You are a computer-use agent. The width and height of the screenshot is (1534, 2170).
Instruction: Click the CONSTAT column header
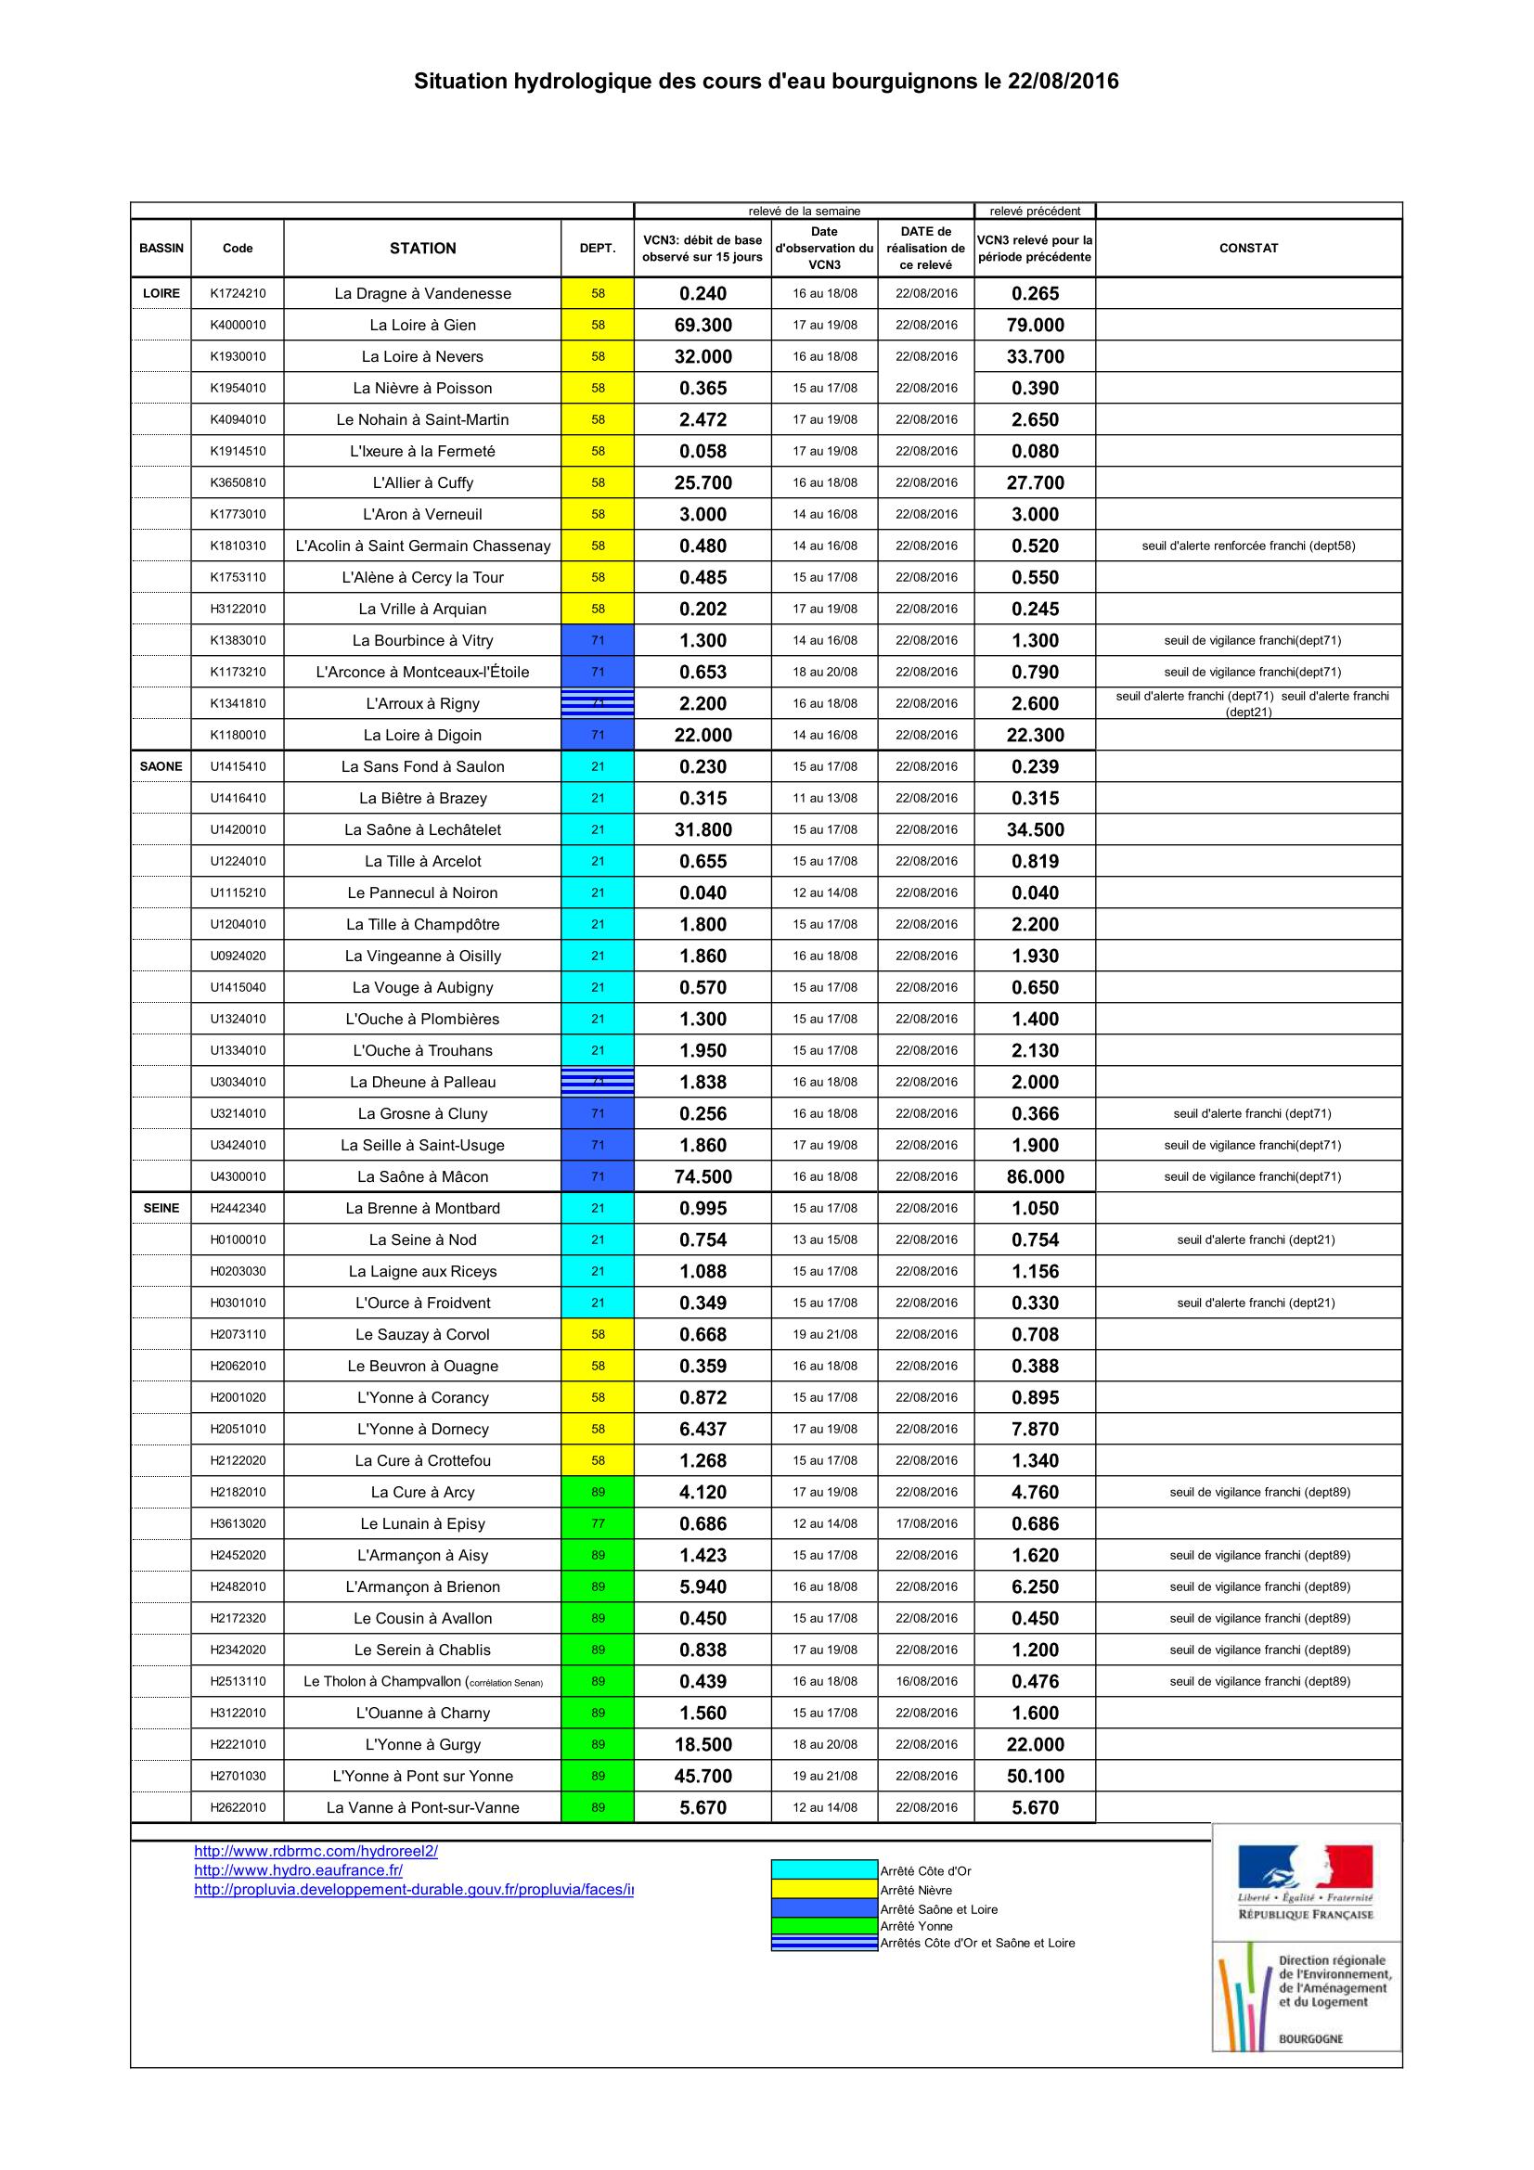coord(1247,248)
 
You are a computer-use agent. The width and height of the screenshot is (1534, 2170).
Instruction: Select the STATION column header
coord(422,248)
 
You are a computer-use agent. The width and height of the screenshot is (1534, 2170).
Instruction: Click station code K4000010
coord(238,325)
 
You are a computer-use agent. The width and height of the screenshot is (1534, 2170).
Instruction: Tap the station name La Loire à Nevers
coord(422,356)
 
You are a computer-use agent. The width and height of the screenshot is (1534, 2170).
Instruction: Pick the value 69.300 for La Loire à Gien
coord(703,325)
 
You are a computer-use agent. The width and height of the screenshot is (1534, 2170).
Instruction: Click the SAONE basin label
coord(161,766)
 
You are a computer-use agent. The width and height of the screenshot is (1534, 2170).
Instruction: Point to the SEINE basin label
coord(161,1208)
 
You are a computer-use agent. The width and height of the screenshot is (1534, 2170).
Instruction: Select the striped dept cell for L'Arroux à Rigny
coord(598,703)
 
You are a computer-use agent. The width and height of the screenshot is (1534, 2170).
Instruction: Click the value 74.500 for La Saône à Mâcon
coord(703,1176)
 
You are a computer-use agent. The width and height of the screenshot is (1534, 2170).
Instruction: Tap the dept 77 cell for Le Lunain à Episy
coord(598,1523)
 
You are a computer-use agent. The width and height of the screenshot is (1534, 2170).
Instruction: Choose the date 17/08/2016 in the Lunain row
coord(926,1523)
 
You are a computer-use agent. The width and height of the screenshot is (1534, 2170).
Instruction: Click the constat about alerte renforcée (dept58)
coord(1247,546)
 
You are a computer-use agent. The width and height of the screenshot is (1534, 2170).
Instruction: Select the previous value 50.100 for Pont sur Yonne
coord(1035,1776)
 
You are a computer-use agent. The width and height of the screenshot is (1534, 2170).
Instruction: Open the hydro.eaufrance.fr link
coord(298,1870)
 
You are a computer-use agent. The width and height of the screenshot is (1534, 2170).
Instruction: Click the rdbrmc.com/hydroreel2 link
coord(316,1852)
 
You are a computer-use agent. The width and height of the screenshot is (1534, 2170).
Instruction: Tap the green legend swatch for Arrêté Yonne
coord(824,1926)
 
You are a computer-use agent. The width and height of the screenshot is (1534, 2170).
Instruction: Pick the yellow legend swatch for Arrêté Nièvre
coord(824,1889)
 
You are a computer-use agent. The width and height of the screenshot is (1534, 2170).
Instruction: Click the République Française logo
coord(1306,1881)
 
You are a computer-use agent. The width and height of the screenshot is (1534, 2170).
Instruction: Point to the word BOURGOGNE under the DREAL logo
coord(1310,2038)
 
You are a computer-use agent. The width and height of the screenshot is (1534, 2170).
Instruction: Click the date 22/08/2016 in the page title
coord(1063,82)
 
